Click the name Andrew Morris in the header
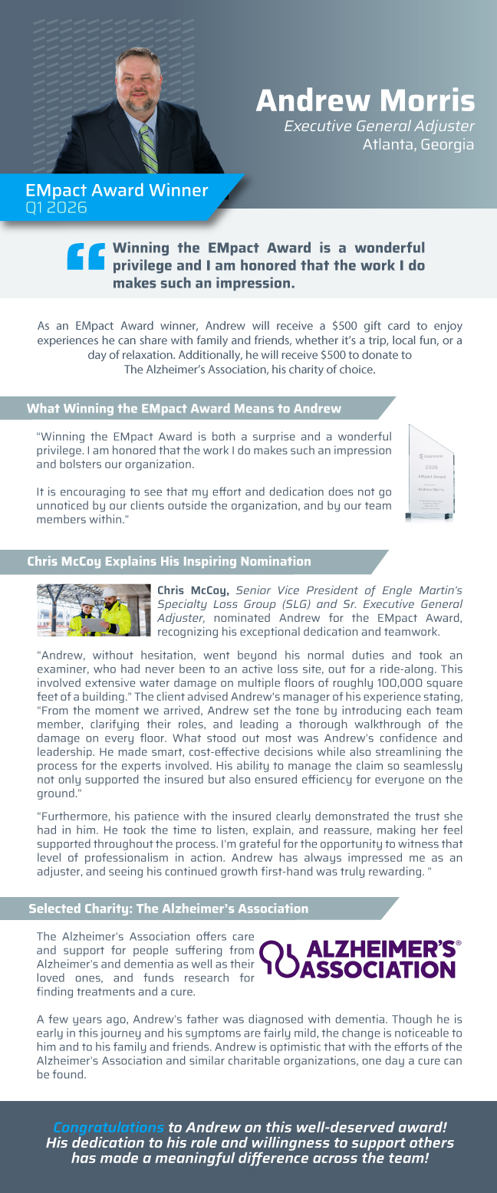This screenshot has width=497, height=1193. [365, 100]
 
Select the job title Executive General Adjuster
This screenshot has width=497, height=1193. [379, 126]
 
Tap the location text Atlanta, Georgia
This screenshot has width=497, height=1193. [418, 144]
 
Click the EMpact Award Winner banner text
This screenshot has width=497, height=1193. [117, 190]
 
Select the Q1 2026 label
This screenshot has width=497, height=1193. [56, 208]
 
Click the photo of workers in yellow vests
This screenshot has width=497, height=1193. [94, 610]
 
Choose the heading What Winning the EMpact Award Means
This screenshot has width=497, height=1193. [184, 409]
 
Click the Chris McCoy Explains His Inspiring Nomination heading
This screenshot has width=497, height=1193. [169, 561]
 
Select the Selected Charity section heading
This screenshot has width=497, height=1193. [168, 909]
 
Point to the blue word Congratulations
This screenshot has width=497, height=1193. [108, 1128]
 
